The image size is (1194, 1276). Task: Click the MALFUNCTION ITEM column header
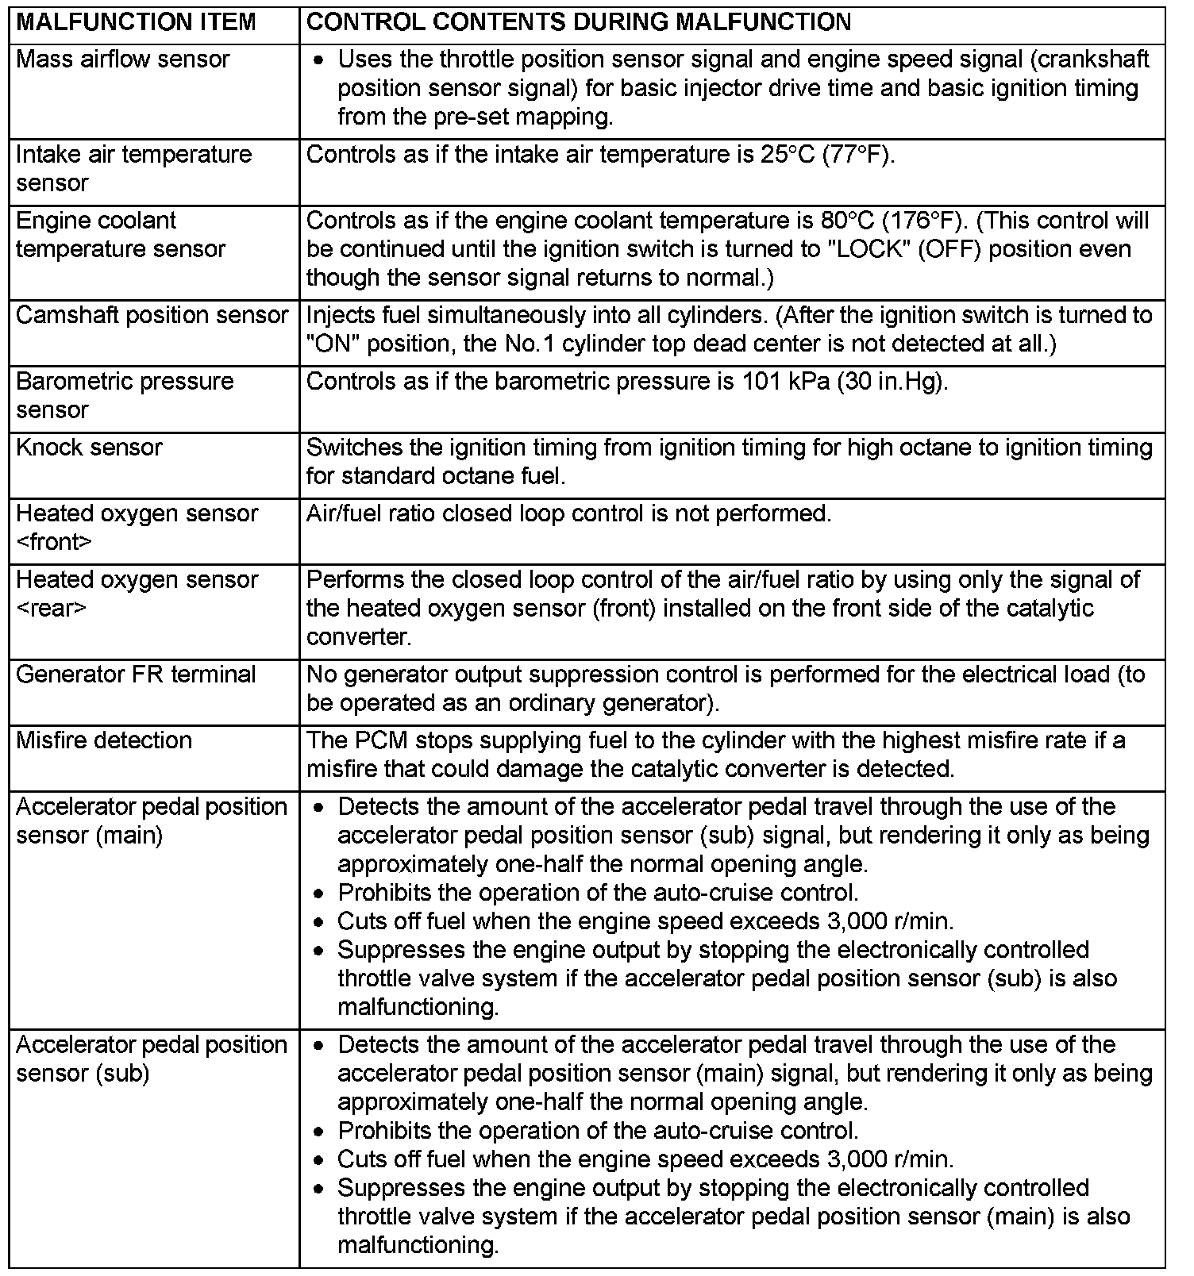(136, 22)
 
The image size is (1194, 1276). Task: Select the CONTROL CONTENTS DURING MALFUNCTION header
(579, 22)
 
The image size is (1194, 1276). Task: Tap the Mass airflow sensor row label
(122, 60)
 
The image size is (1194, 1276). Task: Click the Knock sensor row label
(89, 448)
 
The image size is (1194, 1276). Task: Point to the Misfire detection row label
(104, 740)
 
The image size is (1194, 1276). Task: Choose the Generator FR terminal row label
(136, 675)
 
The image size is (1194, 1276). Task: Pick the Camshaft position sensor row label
(152, 315)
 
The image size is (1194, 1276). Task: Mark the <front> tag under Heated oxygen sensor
(53, 543)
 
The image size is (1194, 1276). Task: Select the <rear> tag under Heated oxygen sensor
(50, 609)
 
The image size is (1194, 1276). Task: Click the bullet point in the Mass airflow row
(318, 60)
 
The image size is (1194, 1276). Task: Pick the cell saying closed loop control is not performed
(568, 514)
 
